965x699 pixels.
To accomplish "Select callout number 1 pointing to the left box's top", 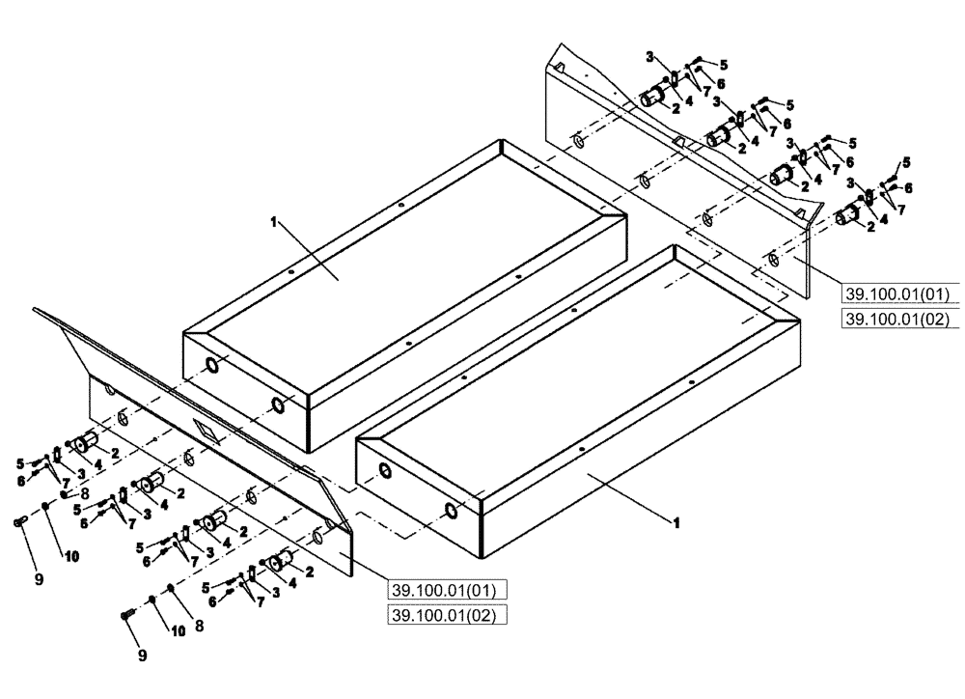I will [x=274, y=222].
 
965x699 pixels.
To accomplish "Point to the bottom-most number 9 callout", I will [x=142, y=656].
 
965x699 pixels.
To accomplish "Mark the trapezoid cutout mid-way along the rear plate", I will [x=679, y=143].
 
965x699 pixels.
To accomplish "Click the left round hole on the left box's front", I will [x=209, y=366].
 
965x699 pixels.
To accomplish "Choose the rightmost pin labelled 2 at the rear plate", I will [x=846, y=215].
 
